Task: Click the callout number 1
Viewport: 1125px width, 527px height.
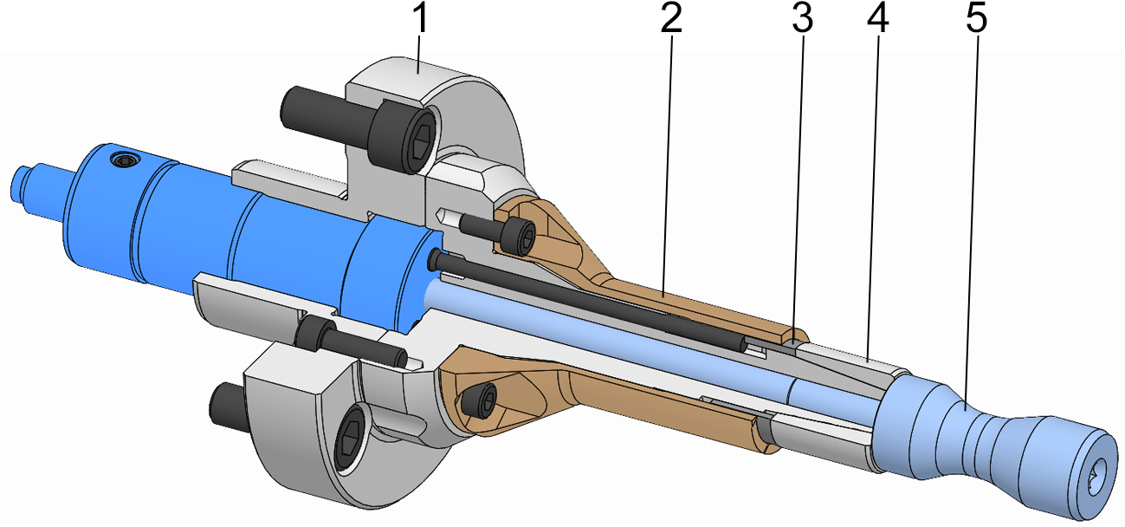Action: point(421,19)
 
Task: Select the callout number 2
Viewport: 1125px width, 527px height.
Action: point(671,19)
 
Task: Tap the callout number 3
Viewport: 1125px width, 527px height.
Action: point(804,19)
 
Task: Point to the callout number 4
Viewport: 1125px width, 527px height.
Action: point(878,19)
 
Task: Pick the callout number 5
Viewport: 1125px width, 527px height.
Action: point(976,19)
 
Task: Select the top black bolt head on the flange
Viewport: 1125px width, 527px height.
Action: point(402,136)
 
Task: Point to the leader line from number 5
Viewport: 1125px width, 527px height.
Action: point(972,217)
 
